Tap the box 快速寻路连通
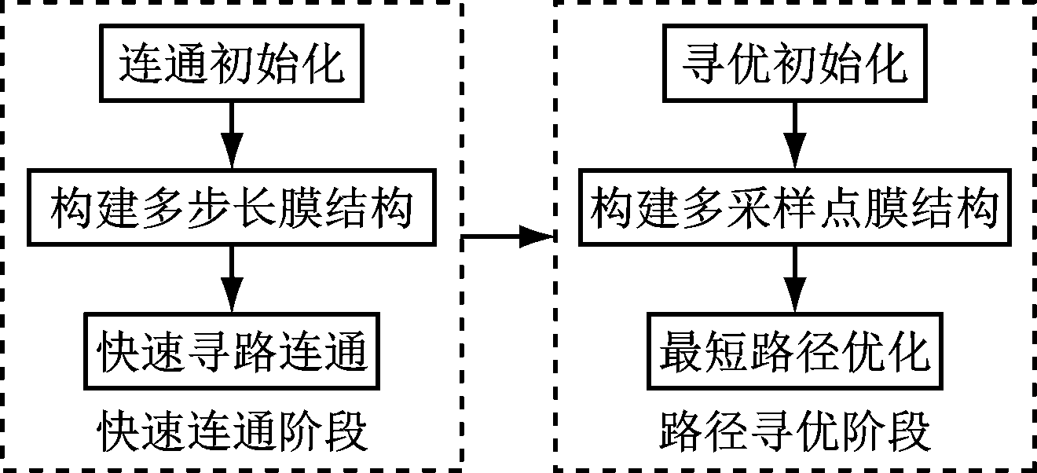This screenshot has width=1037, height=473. coord(232,350)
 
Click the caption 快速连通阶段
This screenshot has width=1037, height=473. coord(232,431)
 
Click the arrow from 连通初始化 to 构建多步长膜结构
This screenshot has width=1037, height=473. coord(231,134)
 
